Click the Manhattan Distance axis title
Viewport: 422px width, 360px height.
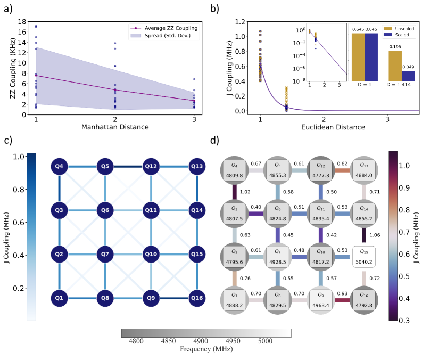click(115, 128)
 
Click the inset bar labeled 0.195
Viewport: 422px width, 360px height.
click(395, 66)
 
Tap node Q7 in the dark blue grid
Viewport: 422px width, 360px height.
click(105, 253)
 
